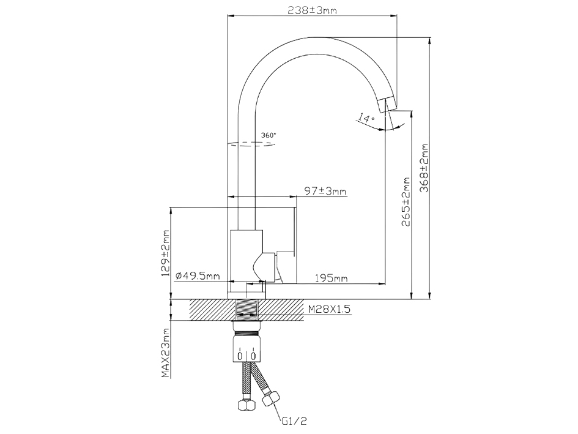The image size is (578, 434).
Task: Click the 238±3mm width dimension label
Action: pos(312,10)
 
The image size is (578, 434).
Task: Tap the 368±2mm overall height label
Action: pos(424,168)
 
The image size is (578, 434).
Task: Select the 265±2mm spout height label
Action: pos(406,202)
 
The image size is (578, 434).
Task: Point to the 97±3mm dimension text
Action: pos(325,191)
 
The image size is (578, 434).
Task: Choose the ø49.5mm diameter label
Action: pos(198,275)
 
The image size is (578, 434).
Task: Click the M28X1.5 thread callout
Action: pos(329,309)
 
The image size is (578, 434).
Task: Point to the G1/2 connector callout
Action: pos(295,421)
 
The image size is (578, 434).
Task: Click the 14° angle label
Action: pos(366,118)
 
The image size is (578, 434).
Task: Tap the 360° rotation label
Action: pos(269,135)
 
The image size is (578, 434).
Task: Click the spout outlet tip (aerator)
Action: pos(387,105)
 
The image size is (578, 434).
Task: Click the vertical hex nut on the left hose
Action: pos(246,404)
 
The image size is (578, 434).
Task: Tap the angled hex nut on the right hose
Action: pos(270,398)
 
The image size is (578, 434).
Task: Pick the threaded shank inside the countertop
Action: pos(246,310)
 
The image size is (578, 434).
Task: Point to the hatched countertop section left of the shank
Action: pos(213,310)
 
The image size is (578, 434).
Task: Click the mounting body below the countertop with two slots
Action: pos(246,348)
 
